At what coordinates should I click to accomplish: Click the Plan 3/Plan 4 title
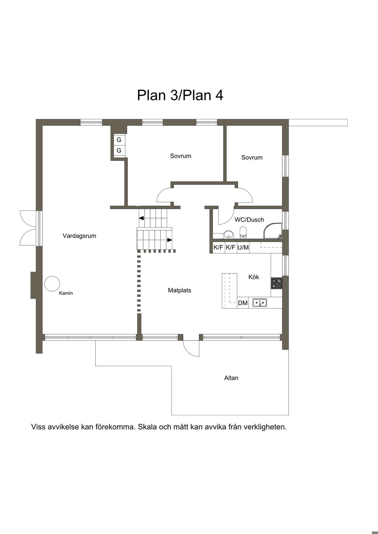tap(180, 96)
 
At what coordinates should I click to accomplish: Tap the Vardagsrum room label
tap(79, 236)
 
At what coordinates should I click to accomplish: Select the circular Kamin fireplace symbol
tap(52, 284)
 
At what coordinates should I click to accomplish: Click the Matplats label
tap(179, 290)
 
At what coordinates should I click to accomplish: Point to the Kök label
tap(254, 277)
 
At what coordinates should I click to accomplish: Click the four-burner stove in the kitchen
tap(276, 284)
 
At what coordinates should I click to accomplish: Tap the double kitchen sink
tap(260, 303)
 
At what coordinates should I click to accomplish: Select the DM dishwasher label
tap(243, 303)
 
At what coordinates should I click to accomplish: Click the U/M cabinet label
tap(243, 247)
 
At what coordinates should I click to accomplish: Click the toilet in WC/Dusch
tap(243, 232)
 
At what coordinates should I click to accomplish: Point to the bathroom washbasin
tap(228, 235)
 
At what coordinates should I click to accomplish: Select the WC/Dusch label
tap(250, 219)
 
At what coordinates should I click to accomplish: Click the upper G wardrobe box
tap(119, 140)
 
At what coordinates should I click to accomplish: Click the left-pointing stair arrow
tap(141, 218)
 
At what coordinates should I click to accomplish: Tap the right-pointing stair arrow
tap(169, 240)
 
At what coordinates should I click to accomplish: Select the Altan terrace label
tap(231, 378)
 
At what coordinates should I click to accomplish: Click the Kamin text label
tap(66, 293)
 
